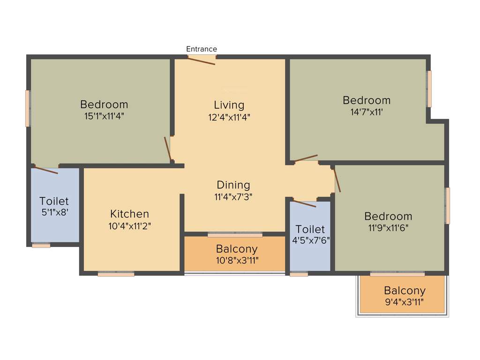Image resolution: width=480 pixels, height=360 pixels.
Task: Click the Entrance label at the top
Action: [202, 49]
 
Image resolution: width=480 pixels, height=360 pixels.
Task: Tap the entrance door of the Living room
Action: [202, 59]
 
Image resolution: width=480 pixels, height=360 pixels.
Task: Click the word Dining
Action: [233, 185]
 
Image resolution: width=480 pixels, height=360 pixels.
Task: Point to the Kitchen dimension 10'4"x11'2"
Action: [129, 225]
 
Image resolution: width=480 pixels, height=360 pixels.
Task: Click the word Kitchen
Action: [129, 214]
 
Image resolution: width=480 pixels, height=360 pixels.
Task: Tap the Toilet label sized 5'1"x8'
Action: [54, 201]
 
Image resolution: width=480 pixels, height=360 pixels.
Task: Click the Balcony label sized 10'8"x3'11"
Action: [237, 249]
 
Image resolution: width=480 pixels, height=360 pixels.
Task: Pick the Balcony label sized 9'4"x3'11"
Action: [405, 291]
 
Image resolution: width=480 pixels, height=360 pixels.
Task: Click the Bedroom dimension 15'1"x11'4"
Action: [104, 116]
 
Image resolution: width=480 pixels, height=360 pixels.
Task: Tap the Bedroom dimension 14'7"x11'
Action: [366, 112]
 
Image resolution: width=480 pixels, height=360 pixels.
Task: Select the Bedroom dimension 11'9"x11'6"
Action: [388, 228]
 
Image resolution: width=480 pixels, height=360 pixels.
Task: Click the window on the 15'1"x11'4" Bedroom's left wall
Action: [28, 108]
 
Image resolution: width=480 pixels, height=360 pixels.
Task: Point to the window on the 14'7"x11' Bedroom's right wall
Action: [429, 89]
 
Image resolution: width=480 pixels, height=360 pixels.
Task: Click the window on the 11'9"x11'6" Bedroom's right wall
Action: [448, 206]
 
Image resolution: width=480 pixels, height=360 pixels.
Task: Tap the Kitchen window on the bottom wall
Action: [116, 274]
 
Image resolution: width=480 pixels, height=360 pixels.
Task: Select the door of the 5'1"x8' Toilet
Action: [45, 170]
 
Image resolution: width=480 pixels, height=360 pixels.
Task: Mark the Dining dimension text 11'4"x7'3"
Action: [233, 197]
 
